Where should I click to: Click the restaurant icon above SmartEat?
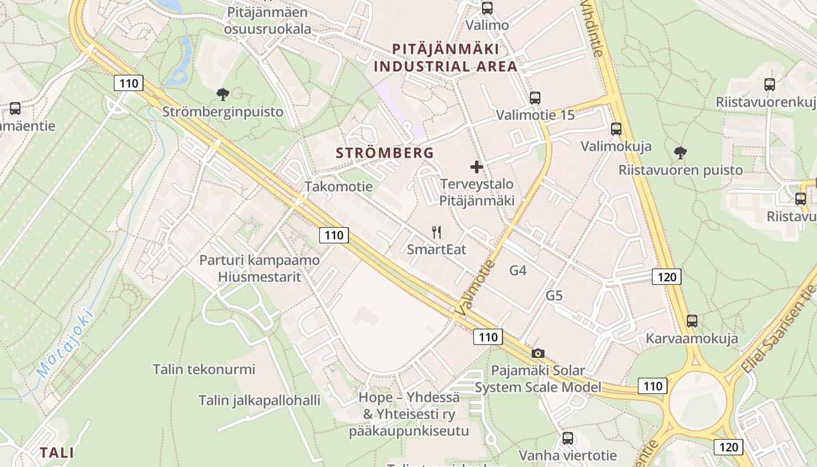[436, 232]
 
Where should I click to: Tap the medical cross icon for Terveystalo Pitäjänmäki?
[477, 167]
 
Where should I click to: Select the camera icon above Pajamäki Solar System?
[538, 353]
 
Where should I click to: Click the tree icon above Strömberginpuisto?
[222, 94]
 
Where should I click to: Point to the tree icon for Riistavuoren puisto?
[680, 153]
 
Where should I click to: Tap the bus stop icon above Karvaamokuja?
[692, 320]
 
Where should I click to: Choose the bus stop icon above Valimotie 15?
[535, 97]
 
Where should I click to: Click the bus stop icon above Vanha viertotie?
[568, 438]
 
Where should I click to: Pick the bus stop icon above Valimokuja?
[616, 128]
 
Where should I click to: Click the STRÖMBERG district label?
[385, 153]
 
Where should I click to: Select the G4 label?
[518, 270]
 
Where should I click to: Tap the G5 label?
[554, 295]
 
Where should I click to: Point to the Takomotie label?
[338, 187]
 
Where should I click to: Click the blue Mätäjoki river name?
[64, 343]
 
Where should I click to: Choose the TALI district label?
[57, 452]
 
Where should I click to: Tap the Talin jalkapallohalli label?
[259, 400]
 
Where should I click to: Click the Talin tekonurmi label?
[204, 369]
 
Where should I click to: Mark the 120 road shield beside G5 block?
[666, 276]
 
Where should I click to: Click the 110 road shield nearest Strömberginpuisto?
[128, 83]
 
